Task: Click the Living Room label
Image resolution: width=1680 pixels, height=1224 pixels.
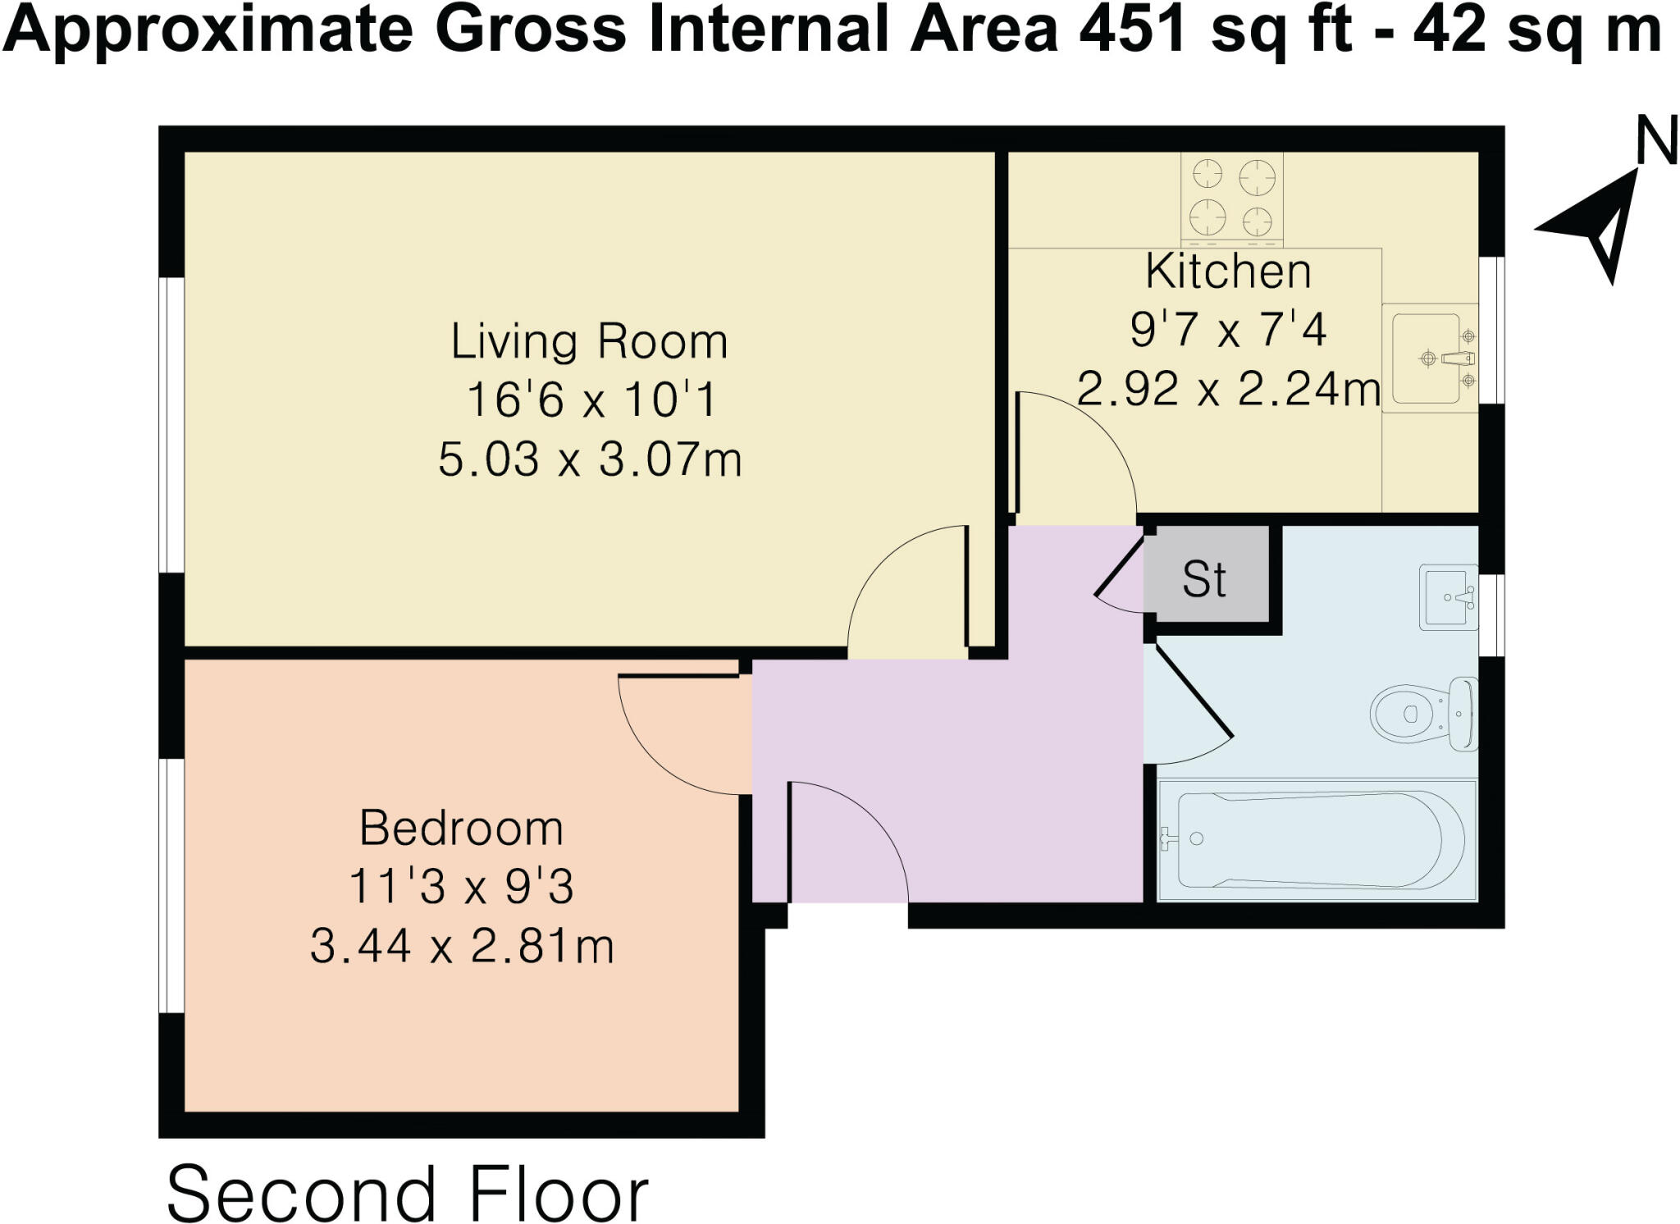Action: coord(589,341)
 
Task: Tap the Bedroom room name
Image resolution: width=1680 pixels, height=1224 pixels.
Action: coord(461,828)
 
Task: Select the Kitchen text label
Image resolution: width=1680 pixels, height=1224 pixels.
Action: coord(1228,272)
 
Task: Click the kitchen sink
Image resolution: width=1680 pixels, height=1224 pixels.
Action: coord(1429,359)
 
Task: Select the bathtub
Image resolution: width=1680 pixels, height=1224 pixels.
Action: coord(1317,840)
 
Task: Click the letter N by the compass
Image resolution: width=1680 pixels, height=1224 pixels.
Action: coord(1655,142)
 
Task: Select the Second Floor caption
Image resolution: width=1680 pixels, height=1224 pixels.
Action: coord(408,1194)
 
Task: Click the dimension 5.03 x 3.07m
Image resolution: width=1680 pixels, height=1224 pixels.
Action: coord(589,459)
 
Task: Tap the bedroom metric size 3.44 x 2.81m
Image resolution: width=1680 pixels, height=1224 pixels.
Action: coord(461,946)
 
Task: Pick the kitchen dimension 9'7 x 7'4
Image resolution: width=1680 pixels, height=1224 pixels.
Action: coord(1228,330)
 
